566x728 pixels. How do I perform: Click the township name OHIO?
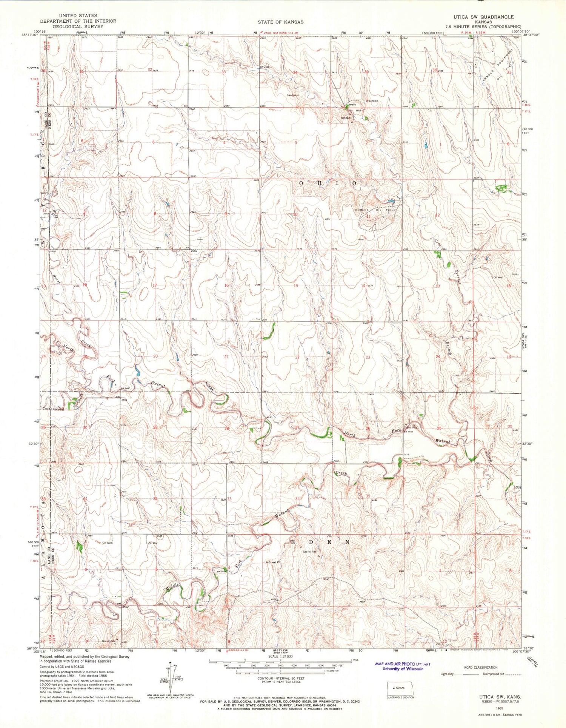pyautogui.click(x=328, y=183)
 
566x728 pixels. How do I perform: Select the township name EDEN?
pyautogui.click(x=319, y=541)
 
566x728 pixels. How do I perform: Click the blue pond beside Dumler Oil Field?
pyautogui.click(x=391, y=201)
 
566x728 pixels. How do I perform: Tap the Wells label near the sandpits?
pyautogui.click(x=353, y=105)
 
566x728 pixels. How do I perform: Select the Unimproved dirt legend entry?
pyautogui.click(x=499, y=674)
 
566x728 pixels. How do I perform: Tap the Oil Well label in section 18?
pyautogui.click(x=498, y=278)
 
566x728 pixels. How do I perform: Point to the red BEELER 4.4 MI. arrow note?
pyautogui.click(x=240, y=650)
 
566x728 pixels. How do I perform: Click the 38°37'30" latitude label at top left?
pyautogui.click(x=31, y=35)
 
